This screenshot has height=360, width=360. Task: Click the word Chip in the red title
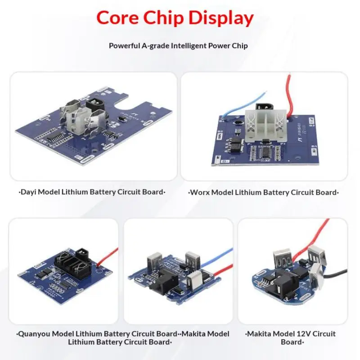[162, 18]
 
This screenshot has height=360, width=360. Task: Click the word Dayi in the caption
[29, 192]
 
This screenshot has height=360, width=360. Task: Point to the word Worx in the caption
[199, 192]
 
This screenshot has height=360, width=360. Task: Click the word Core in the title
[116, 18]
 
